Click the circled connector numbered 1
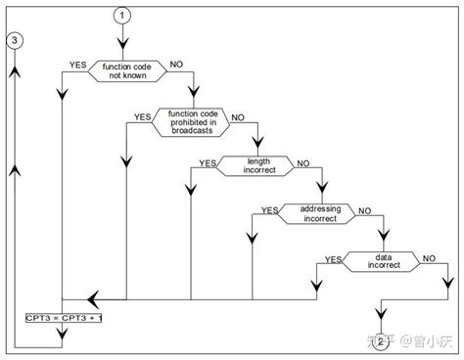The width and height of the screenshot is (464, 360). click(121, 15)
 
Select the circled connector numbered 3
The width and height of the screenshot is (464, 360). click(14, 41)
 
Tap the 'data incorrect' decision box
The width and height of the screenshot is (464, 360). click(379, 260)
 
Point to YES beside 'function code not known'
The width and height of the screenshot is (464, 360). click(78, 64)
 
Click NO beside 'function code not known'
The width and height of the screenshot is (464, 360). click(177, 64)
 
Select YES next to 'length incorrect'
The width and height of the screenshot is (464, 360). click(208, 161)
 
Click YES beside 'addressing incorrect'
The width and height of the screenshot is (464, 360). click(269, 209)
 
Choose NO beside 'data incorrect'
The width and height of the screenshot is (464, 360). click(429, 257)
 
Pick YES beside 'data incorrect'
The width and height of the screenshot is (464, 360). click(332, 257)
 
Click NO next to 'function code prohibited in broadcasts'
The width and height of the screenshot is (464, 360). click(238, 116)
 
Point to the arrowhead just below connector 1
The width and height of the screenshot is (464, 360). click(121, 44)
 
